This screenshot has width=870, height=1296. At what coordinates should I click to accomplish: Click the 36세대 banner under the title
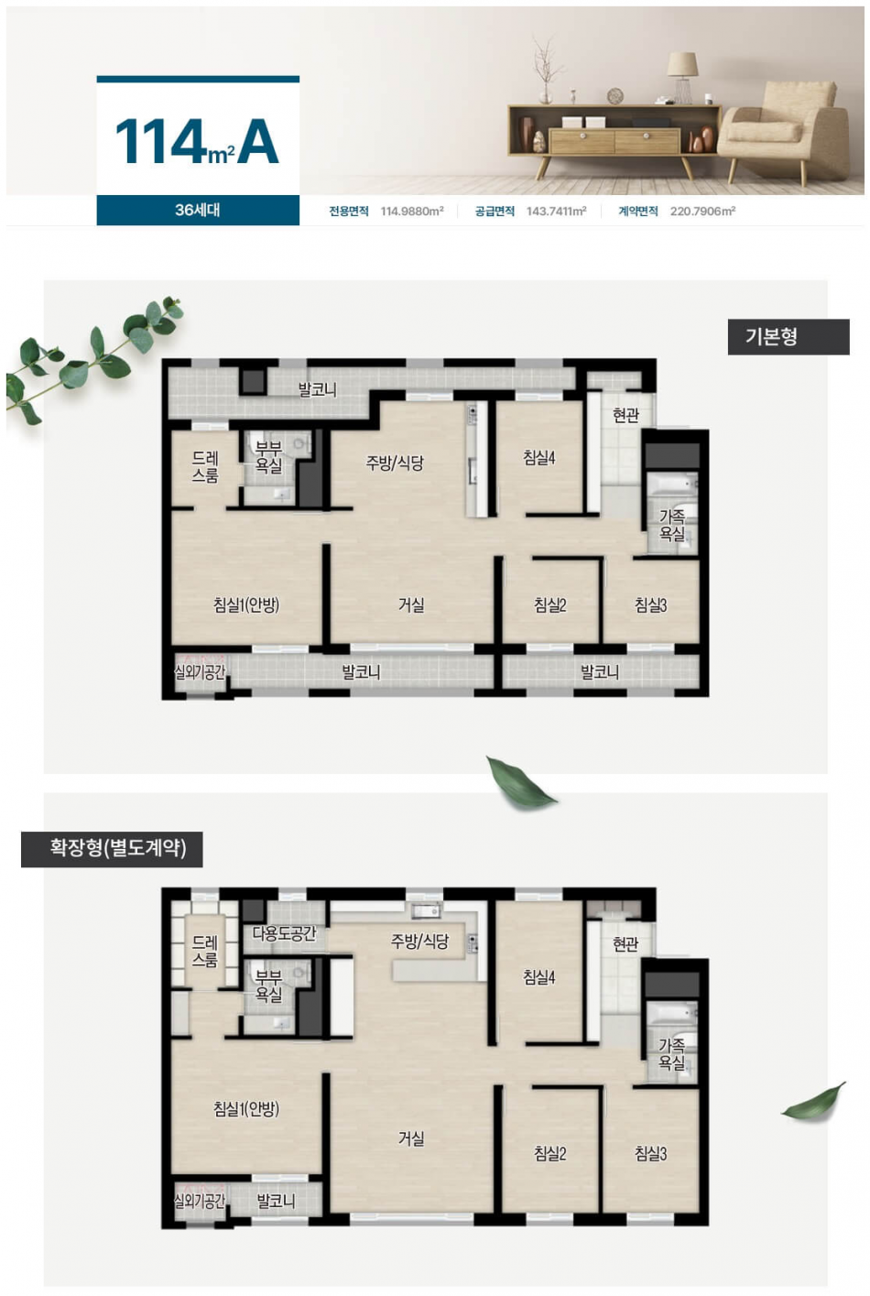(198, 210)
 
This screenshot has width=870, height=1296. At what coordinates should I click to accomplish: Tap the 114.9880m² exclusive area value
(412, 212)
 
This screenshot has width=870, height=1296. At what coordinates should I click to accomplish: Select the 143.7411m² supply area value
(557, 212)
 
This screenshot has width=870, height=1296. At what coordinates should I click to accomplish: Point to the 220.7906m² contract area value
(702, 212)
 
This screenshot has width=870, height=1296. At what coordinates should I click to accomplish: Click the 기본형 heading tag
(788, 337)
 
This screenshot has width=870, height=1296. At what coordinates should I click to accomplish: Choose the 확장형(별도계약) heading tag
(113, 849)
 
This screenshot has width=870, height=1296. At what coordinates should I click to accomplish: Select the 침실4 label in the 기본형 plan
(539, 458)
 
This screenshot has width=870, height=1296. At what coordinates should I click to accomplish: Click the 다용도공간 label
(285, 933)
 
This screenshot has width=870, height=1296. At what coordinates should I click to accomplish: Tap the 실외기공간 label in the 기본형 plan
(200, 671)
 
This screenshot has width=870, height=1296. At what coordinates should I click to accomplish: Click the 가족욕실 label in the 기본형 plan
(671, 525)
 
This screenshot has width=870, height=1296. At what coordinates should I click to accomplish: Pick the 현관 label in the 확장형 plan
(625, 944)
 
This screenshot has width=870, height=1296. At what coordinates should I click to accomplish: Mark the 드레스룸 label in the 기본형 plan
(205, 467)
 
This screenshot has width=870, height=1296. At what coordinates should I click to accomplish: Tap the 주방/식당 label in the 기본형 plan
(395, 463)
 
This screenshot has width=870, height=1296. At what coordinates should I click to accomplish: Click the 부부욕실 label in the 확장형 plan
(268, 985)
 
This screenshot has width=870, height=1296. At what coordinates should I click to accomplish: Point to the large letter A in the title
(258, 142)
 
